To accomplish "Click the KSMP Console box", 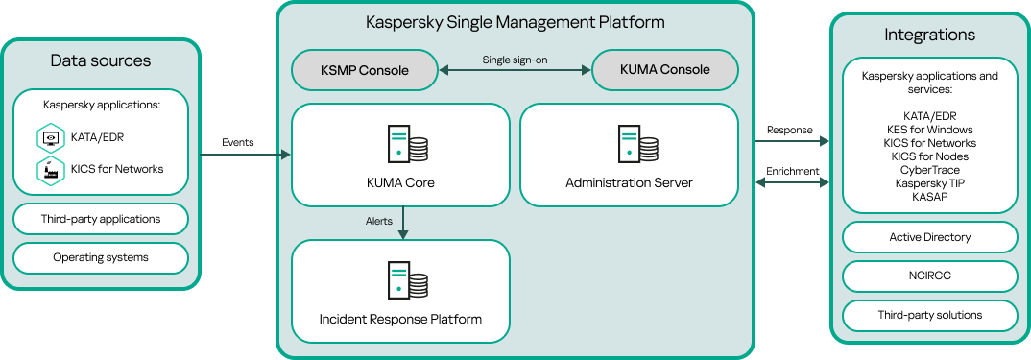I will [364, 70].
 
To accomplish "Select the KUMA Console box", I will [665, 70].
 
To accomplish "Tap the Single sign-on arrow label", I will [515, 60].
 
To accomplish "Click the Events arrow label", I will [238, 142].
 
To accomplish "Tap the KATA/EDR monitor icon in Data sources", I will [49, 138].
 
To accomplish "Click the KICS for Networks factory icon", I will [49, 170].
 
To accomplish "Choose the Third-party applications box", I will [101, 219].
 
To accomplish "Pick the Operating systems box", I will [101, 257].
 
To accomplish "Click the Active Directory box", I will [929, 237].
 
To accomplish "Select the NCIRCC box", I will [929, 276].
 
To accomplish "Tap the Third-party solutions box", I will [929, 315].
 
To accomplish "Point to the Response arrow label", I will [790, 131].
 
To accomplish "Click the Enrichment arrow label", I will [792, 171].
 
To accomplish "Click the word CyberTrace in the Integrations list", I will [929, 169].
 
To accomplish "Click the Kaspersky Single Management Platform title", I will [515, 22].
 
